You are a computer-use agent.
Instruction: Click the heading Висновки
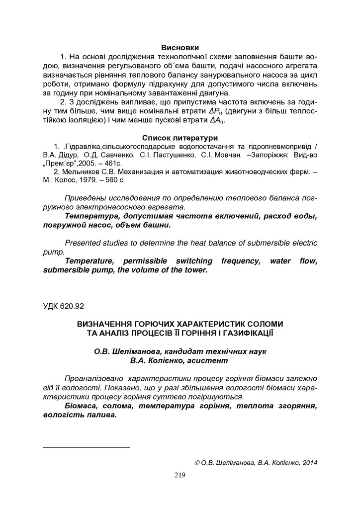[180, 48]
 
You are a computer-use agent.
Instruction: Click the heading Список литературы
[180, 137]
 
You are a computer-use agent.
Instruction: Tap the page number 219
[180, 476]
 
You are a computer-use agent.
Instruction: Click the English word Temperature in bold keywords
[90, 261]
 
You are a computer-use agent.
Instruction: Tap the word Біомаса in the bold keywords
[81, 406]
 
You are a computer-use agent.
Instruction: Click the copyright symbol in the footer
[197, 463]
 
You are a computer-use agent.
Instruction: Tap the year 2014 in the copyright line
[308, 463]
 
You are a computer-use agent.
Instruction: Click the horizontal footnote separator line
[87, 447]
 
